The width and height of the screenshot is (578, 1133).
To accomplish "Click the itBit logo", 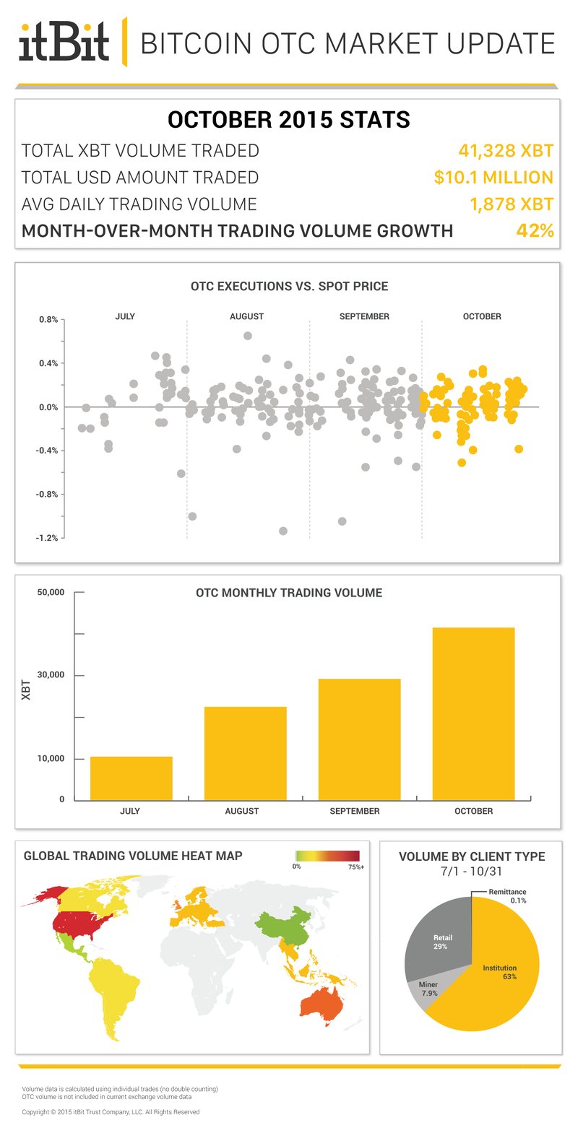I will pos(64,42).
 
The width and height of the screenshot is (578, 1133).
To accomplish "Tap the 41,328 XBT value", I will pos(506,151).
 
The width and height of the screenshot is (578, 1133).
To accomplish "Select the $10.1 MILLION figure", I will pos(493,178).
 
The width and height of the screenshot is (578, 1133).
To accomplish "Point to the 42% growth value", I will pos(535,231).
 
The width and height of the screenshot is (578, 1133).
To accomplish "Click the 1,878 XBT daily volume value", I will pos(512,204).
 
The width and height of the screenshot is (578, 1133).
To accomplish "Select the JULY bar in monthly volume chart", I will pos(131,778).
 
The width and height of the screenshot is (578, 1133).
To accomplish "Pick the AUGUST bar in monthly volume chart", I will pos(245,753).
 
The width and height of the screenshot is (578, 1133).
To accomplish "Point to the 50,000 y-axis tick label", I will pos(51,593).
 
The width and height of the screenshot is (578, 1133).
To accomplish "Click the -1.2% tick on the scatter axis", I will pos(48,539).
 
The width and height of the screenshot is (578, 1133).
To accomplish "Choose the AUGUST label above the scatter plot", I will pos(246,316).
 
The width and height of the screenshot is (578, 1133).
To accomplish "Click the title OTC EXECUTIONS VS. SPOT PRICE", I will pos(289,287).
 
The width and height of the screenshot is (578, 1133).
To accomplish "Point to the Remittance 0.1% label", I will pos(507,896).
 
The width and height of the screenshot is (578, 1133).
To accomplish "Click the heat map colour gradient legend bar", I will pos(327,856).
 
